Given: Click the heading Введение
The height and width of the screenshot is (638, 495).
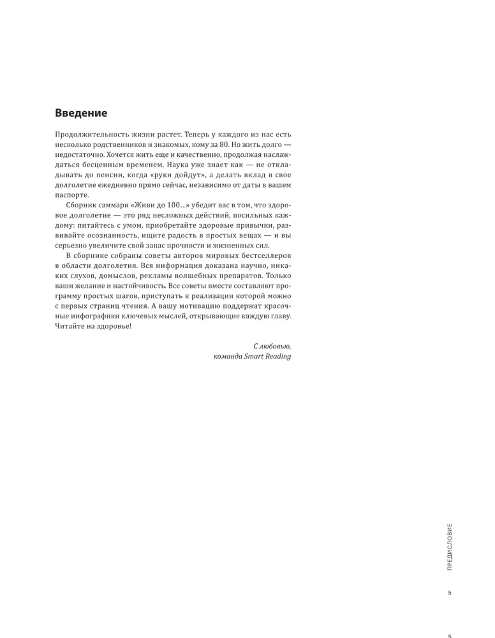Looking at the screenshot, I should (x=81, y=113).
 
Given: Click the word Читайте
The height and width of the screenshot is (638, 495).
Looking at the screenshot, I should (x=71, y=327).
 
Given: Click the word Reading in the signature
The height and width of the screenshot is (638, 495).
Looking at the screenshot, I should (x=278, y=356).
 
